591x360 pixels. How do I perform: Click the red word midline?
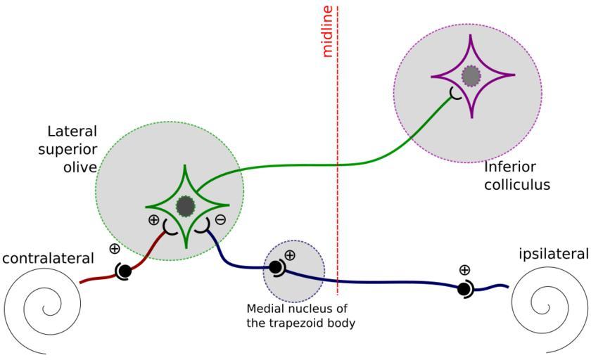(326, 32)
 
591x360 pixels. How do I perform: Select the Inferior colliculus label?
(517, 176)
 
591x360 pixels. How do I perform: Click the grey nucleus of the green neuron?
(185, 207)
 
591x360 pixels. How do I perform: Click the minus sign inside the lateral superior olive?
(220, 219)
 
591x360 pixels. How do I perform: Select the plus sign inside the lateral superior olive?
(154, 219)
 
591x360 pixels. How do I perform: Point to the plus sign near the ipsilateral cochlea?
(464, 269)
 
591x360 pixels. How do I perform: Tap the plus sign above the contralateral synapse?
(115, 248)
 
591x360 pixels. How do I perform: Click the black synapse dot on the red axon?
(124, 271)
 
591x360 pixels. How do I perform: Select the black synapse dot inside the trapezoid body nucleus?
(275, 267)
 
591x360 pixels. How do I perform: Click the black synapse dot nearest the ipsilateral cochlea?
(464, 288)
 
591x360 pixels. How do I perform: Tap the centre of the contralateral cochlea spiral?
(49, 309)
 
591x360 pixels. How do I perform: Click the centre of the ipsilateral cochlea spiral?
(544, 307)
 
